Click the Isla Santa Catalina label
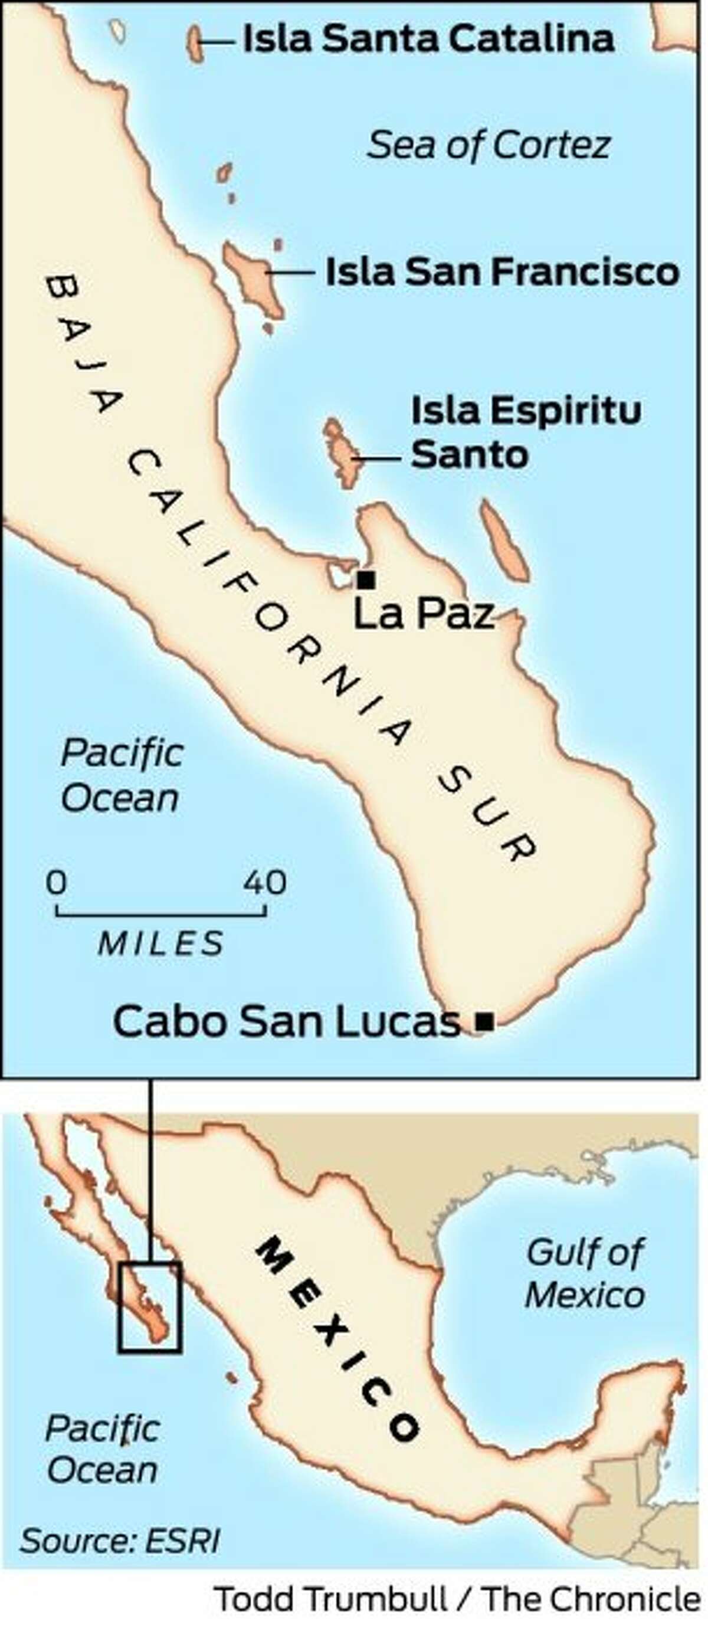tap(428, 39)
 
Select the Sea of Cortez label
tap(489, 146)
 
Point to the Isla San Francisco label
tap(501, 272)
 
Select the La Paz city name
tap(424, 614)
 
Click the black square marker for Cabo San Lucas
tap(484, 1021)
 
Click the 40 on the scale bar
tap(265, 882)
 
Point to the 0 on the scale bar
tap(55, 882)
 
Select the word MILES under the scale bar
tap(160, 943)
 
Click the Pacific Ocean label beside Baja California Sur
tap(121, 775)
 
